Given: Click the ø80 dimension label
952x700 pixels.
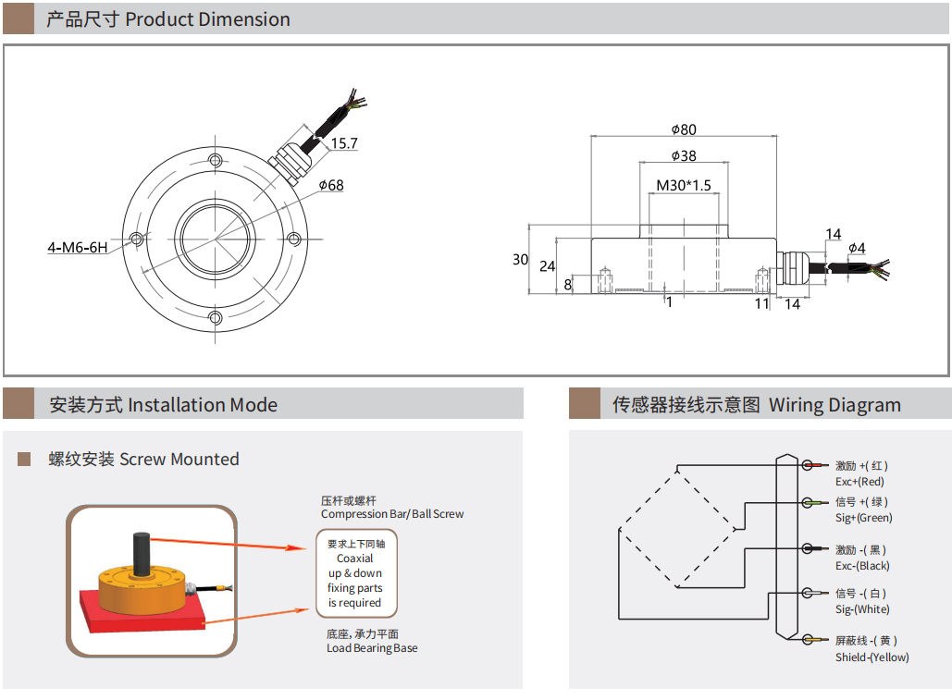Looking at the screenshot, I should [684, 129].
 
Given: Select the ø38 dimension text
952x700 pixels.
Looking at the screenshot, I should [684, 156].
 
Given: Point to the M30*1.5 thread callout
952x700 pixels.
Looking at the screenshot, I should [684, 185].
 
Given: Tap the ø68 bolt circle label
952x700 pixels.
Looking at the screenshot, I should [330, 185].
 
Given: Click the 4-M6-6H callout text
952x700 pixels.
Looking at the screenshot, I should [78, 248].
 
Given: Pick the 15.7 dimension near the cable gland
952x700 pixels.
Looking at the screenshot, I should [343, 143].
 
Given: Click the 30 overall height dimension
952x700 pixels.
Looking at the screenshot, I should [520, 260].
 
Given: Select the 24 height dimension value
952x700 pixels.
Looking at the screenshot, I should [547, 266].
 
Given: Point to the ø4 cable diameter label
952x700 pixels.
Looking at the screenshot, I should [857, 248].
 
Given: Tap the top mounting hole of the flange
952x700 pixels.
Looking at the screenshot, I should [216, 159].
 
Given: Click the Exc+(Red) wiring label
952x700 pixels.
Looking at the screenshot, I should [859, 482].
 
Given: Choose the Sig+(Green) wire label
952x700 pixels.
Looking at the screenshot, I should [863, 518].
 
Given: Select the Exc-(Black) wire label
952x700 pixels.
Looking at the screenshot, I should [862, 566].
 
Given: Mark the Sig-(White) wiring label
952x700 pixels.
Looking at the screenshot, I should [862, 609].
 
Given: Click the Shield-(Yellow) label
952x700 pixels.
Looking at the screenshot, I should [872, 657].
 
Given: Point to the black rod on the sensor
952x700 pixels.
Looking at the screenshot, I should [142, 554].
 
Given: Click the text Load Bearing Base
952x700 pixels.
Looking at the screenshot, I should [372, 648].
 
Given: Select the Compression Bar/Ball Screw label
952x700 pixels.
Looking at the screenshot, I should [392, 514].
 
